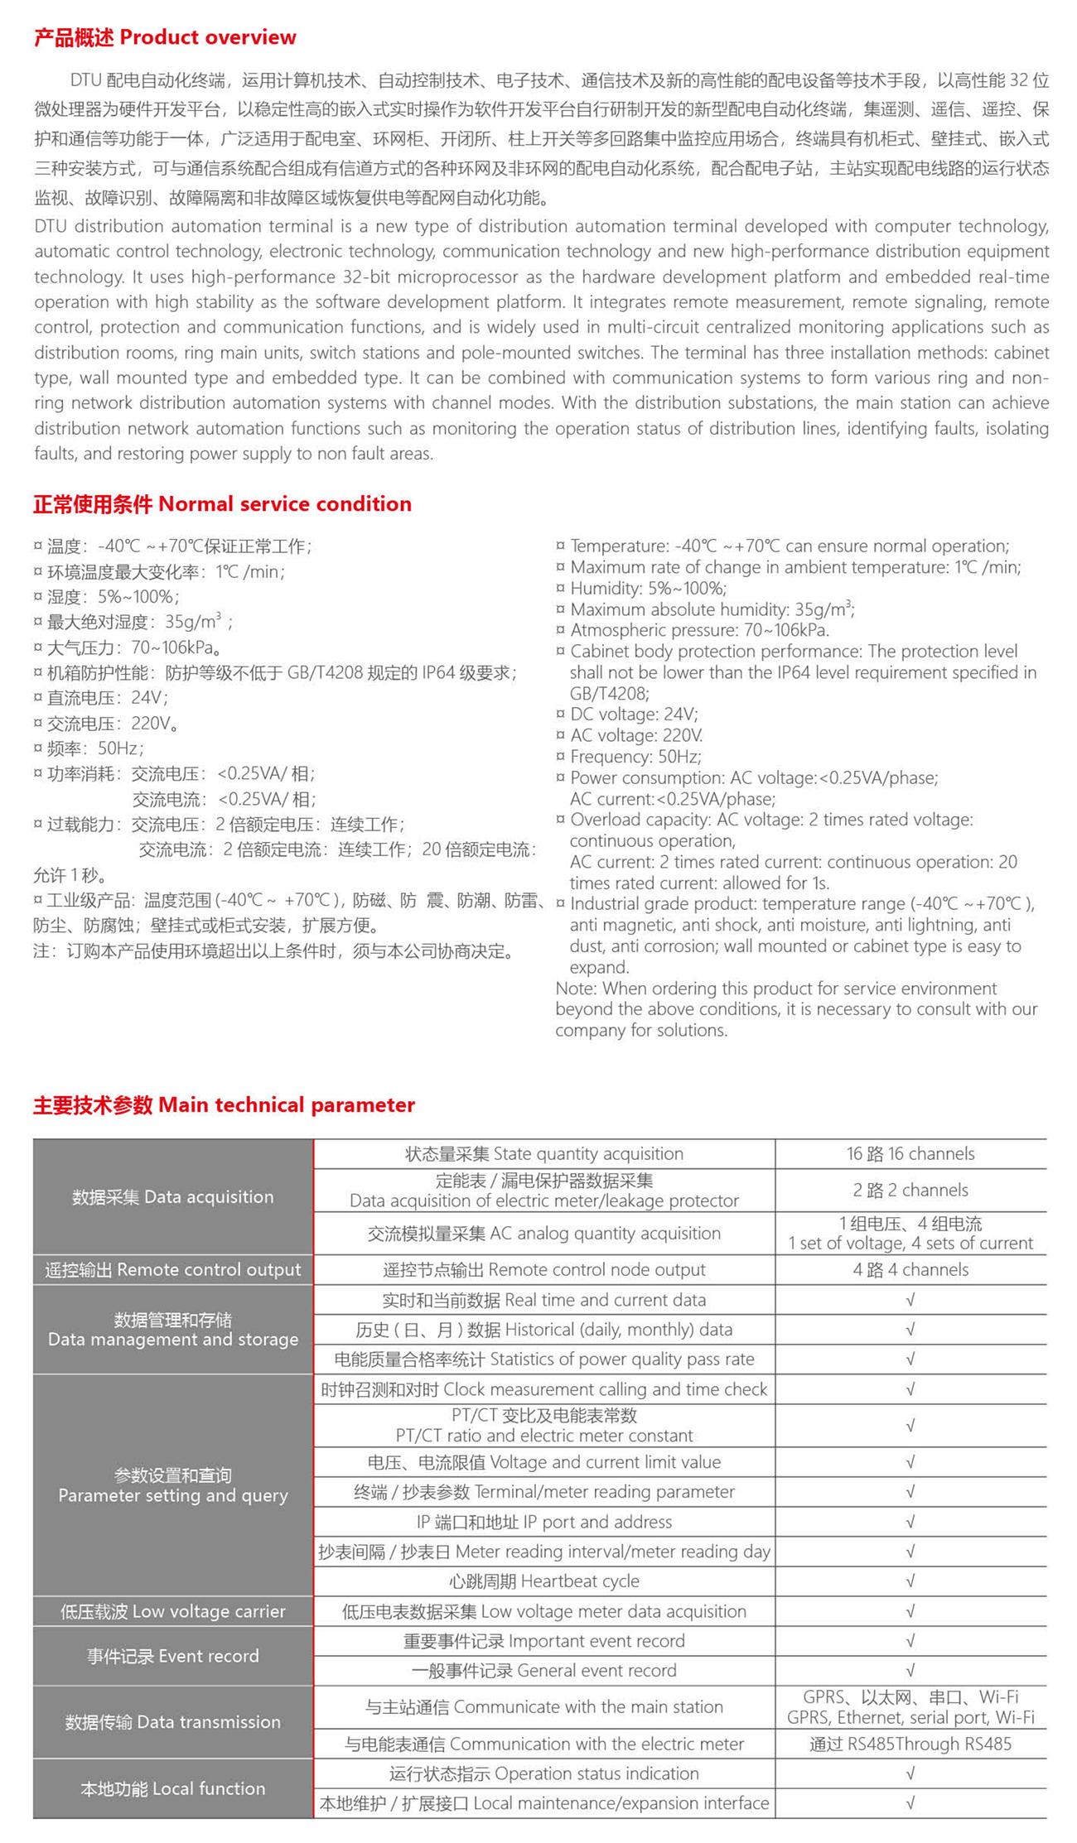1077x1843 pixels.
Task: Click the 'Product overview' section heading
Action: tap(165, 37)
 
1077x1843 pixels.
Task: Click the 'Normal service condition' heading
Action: tap(222, 503)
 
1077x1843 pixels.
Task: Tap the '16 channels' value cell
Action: tap(910, 1153)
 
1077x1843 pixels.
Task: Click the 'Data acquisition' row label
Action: tap(172, 1196)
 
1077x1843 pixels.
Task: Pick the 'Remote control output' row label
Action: tap(172, 1269)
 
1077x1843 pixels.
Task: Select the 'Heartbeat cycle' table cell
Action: tap(544, 1581)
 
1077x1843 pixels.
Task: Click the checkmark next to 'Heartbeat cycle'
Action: tap(910, 1581)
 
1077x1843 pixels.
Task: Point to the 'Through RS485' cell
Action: tap(910, 1744)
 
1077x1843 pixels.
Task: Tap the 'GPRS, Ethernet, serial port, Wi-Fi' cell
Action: tap(910, 1707)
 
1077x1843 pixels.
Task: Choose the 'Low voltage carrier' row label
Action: tap(172, 1610)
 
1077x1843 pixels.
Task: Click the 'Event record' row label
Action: tap(172, 1655)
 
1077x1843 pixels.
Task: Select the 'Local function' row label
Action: tap(172, 1788)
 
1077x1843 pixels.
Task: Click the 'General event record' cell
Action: tap(544, 1670)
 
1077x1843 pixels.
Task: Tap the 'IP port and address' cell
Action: tap(544, 1522)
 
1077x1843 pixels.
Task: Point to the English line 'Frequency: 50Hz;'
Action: tap(635, 757)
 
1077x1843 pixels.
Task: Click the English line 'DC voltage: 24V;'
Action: tap(634, 714)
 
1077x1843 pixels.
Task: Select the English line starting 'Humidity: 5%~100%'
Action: tap(648, 589)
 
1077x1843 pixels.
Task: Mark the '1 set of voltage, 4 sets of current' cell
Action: tap(910, 1234)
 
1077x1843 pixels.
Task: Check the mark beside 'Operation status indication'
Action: tap(910, 1773)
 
